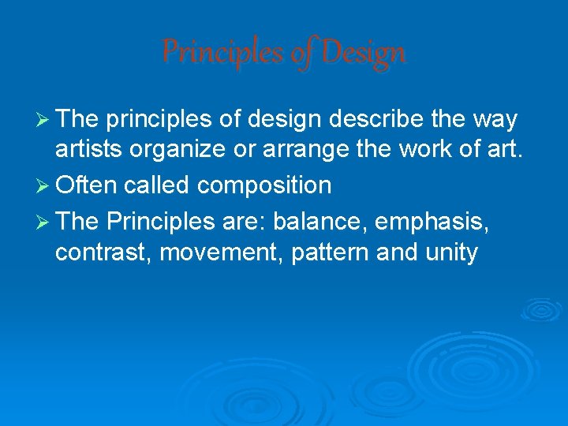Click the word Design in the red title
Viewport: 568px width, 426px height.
363,53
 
